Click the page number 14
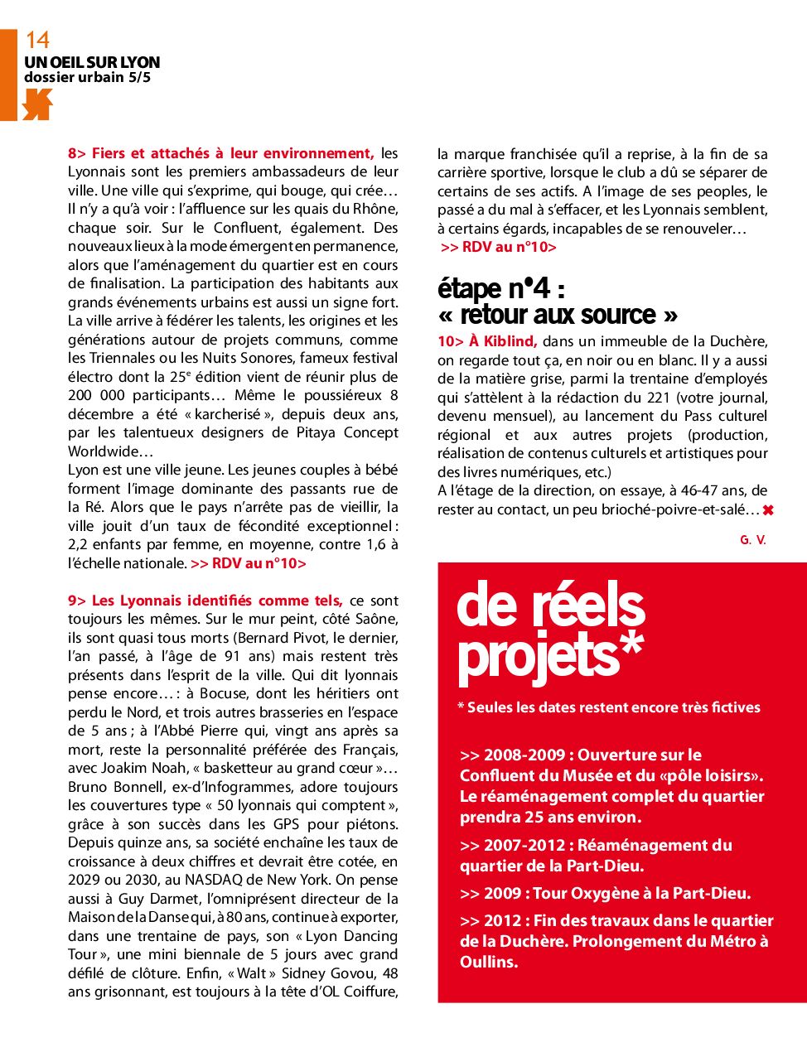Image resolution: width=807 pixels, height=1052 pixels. click(x=37, y=40)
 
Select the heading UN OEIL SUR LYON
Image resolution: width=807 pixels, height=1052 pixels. click(x=92, y=62)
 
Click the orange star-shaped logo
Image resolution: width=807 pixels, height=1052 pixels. click(x=37, y=104)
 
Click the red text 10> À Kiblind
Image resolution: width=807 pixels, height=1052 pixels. click(x=487, y=341)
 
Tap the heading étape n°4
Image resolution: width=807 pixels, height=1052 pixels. click(x=501, y=288)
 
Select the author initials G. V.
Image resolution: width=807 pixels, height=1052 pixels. click(x=752, y=539)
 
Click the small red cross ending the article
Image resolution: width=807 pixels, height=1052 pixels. click(x=768, y=510)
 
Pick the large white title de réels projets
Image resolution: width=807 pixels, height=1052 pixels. click(x=551, y=631)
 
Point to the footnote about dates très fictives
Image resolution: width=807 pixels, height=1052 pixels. click(x=609, y=707)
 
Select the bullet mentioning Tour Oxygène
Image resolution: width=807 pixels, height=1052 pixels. click(x=605, y=894)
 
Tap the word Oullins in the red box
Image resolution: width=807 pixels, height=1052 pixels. click(x=489, y=963)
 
